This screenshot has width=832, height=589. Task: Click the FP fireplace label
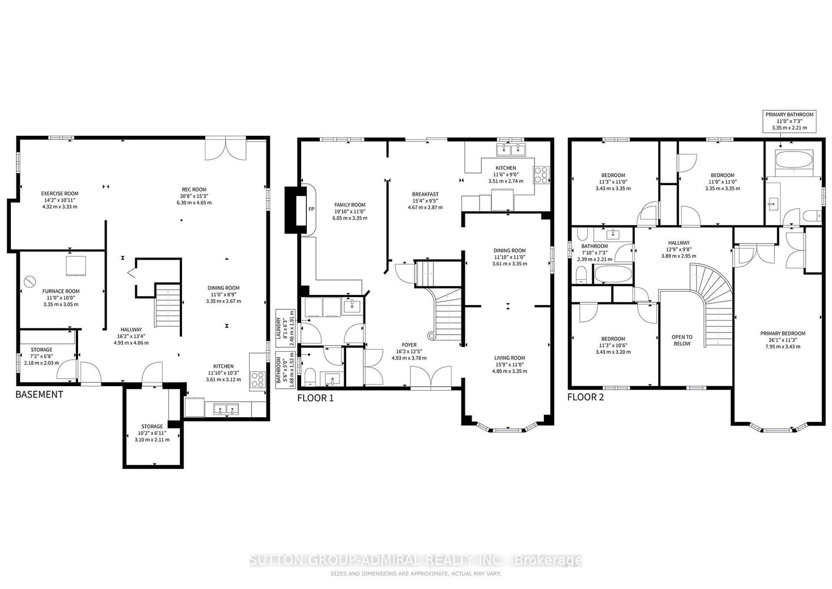pos(311,209)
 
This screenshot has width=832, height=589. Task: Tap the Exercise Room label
pos(60,193)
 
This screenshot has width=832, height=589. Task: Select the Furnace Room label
pos(61,291)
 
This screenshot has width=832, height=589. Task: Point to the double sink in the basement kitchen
pos(226,409)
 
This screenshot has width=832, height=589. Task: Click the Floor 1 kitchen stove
pos(541,175)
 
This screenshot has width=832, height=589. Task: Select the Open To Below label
pos(682,340)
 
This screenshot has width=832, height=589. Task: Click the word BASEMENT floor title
pos(40,394)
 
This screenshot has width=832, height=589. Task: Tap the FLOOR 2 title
pos(586,397)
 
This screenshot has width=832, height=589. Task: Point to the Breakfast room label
pos(425,194)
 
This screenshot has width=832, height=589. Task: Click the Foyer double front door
pos(431,378)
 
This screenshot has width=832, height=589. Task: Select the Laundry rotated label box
pos(285,328)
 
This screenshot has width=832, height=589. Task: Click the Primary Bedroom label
pos(783,334)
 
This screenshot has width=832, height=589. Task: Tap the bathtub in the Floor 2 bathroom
pos(613,275)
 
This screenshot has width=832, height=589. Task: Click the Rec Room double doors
pos(226,149)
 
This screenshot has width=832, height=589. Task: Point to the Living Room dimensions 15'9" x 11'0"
pos(510,365)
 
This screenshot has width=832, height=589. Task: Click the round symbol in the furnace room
pos(29,282)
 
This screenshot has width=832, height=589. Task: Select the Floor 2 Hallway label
pos(679,242)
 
